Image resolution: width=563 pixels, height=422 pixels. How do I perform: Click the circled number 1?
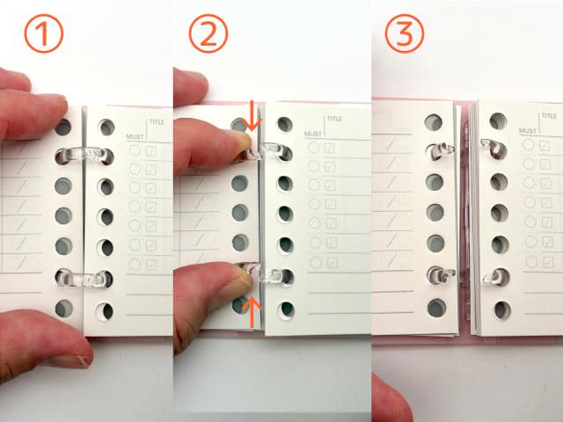click(43, 33)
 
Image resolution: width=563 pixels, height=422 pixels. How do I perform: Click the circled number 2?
click(208, 33)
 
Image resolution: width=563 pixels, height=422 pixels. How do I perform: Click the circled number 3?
click(405, 33)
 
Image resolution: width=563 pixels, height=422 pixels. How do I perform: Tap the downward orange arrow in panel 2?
click(252, 115)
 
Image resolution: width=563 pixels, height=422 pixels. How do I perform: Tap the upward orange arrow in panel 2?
click(252, 313)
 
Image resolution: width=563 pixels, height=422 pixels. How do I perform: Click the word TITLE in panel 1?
click(157, 122)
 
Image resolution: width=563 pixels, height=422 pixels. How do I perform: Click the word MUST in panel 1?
click(135, 137)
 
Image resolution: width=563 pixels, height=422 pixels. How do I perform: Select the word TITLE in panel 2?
click(334, 119)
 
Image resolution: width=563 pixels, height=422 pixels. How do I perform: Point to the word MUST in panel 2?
click(313, 134)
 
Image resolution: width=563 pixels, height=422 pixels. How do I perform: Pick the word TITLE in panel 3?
click(549, 116)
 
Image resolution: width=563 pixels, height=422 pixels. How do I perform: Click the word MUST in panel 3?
click(528, 131)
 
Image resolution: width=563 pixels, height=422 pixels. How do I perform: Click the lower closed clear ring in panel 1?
click(84, 278)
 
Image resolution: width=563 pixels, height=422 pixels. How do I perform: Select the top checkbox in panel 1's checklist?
click(150, 150)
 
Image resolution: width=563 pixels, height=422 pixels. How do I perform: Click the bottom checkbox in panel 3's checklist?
click(547, 262)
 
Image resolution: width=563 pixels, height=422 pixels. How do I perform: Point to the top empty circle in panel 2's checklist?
click(314, 148)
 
